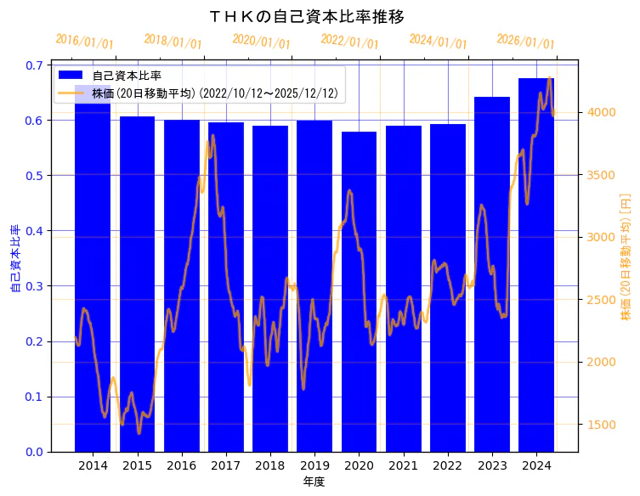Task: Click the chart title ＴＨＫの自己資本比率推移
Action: (307, 16)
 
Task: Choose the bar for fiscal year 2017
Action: (226, 289)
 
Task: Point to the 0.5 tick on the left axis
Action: (36, 175)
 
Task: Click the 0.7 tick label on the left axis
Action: (36, 65)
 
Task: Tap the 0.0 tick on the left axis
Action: (36, 452)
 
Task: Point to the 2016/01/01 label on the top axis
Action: (84, 42)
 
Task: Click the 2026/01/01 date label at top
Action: (525, 42)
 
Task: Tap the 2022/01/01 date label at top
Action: (349, 42)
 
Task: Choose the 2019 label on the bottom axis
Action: (314, 466)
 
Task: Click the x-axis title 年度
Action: (314, 482)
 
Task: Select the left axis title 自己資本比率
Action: (14, 259)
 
